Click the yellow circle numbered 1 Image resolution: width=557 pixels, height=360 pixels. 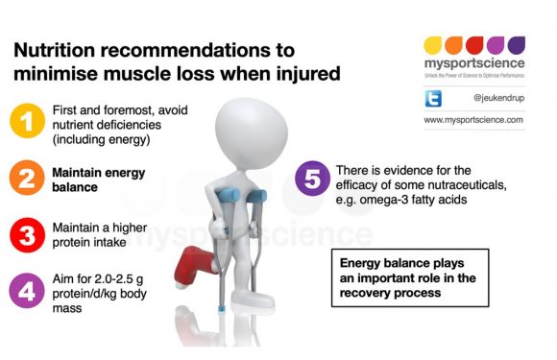click(x=27, y=121)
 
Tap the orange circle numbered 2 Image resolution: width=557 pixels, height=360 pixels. click(x=27, y=178)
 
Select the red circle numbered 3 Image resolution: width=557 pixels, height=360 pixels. click(x=27, y=235)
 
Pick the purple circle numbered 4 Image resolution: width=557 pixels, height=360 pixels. click(x=27, y=291)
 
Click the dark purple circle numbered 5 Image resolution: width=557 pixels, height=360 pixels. click(x=313, y=179)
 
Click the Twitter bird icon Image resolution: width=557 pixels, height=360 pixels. click(x=433, y=98)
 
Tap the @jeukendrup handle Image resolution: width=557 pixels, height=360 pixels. click(x=498, y=98)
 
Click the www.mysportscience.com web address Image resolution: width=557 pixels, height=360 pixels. click(x=473, y=120)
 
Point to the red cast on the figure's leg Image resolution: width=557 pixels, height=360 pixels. click(x=195, y=266)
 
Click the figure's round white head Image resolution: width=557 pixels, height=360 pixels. click(x=251, y=133)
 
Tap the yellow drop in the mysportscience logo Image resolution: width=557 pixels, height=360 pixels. click(x=433, y=45)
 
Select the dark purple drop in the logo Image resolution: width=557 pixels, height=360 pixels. click(x=517, y=45)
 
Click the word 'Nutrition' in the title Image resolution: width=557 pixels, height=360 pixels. click(x=55, y=50)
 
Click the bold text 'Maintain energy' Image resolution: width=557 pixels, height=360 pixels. click(x=99, y=173)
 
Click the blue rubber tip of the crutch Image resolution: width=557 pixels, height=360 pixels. click(x=221, y=308)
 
